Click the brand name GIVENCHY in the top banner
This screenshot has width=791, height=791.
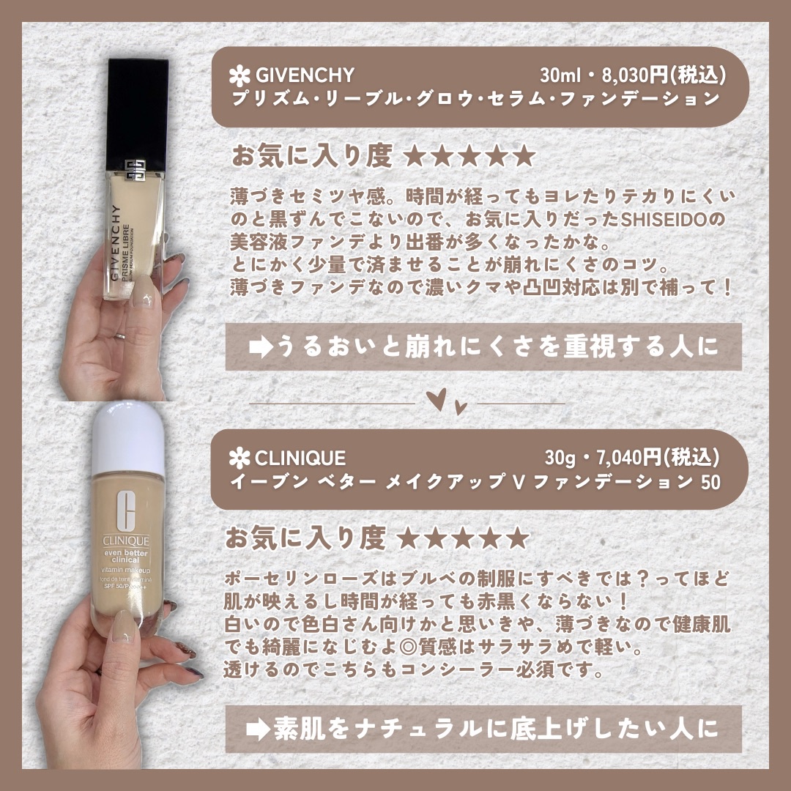click(305, 75)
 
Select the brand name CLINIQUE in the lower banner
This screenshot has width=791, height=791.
click(300, 458)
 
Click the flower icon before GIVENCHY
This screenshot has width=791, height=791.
click(239, 75)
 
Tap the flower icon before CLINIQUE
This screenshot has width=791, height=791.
click(239, 459)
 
